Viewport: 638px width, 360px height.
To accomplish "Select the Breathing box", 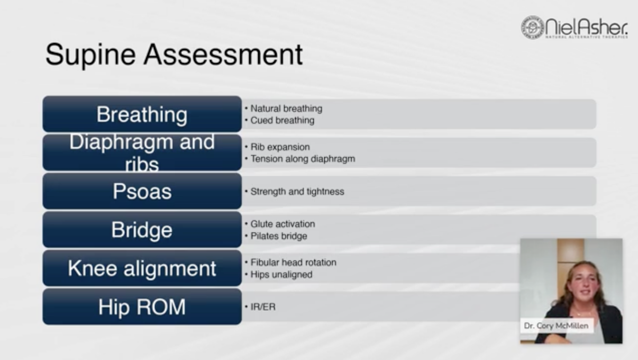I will (142, 114).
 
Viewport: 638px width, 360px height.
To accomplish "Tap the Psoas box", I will (142, 191).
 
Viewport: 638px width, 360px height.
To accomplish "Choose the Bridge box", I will (142, 230).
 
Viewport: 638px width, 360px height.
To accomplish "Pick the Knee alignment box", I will (142, 268).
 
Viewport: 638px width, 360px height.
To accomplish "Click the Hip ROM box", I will (142, 307).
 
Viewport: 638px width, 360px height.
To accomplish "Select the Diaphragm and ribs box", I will (142, 152).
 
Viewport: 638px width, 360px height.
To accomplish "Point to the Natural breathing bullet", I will (286, 109).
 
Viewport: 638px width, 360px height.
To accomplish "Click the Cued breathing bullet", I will (282, 120).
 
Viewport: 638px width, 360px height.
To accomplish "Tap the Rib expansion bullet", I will (280, 147).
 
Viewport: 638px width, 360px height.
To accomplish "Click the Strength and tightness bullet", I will (297, 192).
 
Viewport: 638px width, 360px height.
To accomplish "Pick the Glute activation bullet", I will (282, 224).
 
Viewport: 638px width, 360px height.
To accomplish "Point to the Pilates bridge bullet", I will (279, 236).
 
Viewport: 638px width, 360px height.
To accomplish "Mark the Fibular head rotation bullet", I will (293, 263).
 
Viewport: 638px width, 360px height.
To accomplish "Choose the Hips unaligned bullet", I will (281, 275).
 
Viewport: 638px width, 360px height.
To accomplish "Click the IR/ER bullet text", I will (263, 307).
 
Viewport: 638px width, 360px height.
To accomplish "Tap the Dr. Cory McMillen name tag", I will (556, 326).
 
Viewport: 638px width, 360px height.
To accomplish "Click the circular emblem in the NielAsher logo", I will (532, 27).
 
